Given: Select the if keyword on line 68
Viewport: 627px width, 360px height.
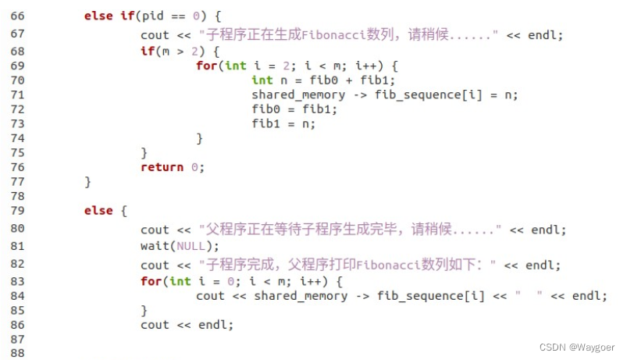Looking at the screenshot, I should pos(147,51).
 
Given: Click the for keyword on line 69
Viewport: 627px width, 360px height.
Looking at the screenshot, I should pos(205,66).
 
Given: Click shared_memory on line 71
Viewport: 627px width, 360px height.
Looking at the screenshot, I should pos(297,95).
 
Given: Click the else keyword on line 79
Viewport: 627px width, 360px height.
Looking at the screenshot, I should pos(98,211).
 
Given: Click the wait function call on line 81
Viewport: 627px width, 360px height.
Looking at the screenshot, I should pos(155,246).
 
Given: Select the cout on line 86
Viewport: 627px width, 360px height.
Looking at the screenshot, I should pos(155,325).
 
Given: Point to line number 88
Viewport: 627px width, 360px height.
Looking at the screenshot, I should pos(18,353).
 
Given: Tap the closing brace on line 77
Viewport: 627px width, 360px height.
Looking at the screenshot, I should pos(87,182).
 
